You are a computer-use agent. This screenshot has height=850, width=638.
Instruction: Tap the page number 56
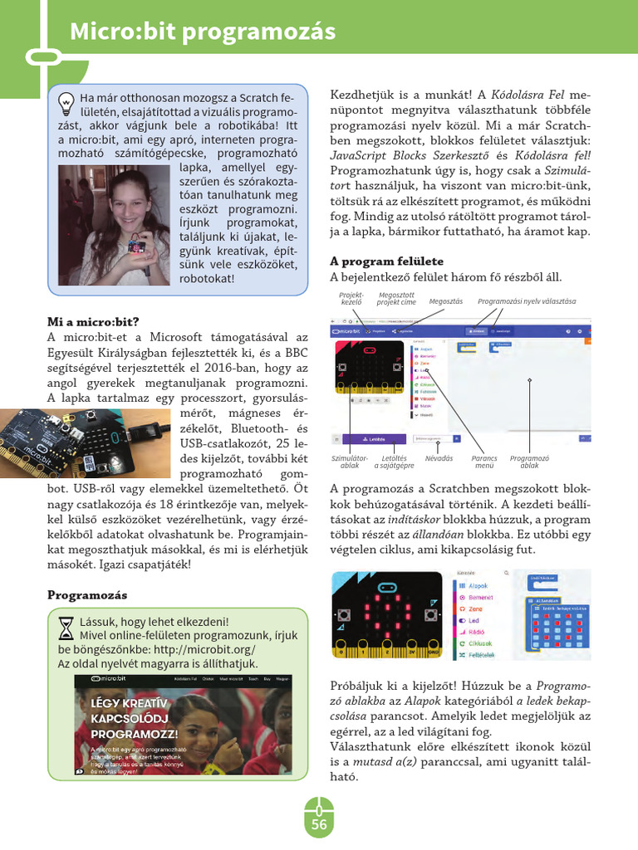coord(319,824)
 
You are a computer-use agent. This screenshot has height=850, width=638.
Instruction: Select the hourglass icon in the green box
coord(66,627)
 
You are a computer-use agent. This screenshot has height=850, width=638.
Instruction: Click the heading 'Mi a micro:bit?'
coord(92,321)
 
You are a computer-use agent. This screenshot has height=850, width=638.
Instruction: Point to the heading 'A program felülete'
coord(386,261)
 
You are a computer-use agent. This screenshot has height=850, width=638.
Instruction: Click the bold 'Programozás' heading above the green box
coord(86,595)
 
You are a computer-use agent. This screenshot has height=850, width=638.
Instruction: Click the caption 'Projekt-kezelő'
coord(351,298)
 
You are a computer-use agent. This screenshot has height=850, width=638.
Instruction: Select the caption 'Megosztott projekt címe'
coord(396,298)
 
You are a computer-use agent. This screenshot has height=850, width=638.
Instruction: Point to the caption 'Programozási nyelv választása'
coord(527,301)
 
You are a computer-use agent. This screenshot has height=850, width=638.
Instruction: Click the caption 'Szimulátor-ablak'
coord(350,461)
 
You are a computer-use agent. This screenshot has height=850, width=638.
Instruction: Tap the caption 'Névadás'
coord(439,457)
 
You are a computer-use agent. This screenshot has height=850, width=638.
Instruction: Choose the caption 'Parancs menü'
coord(483,461)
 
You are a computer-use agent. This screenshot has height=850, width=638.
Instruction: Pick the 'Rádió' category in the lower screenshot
coord(476,632)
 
